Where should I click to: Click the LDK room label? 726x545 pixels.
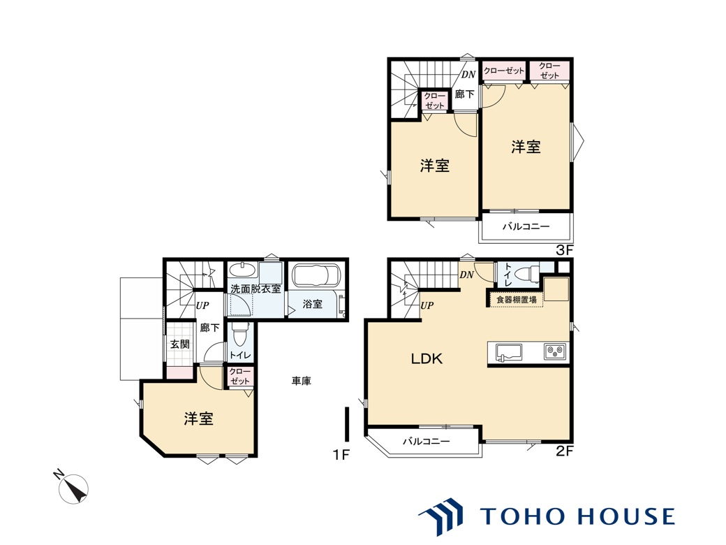(x=427, y=358)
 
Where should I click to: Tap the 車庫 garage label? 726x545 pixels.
(x=301, y=381)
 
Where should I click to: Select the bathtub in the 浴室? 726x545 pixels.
(x=316, y=276)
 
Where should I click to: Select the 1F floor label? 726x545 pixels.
(x=341, y=455)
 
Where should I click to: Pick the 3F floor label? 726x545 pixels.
(x=565, y=250)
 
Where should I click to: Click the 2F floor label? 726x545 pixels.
(x=565, y=451)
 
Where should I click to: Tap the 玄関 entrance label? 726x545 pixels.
(x=179, y=344)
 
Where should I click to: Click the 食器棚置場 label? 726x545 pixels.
(x=517, y=300)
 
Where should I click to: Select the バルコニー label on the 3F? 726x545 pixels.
(x=526, y=226)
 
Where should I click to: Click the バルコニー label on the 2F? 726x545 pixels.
(x=426, y=441)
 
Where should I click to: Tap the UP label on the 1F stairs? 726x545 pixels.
(x=202, y=305)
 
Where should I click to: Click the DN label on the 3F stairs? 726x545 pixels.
(x=468, y=74)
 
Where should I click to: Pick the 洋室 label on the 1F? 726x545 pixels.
(x=199, y=419)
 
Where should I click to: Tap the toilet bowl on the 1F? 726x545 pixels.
(x=239, y=335)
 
